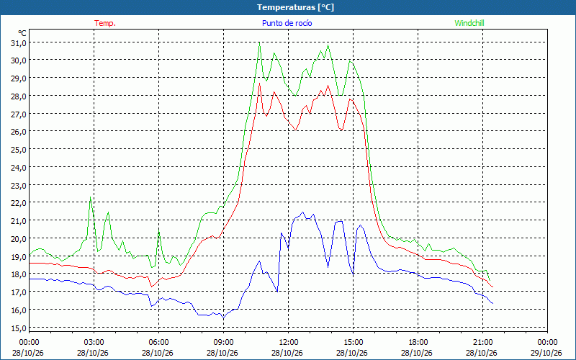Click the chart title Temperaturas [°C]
click(295, 7)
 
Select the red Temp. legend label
click(105, 23)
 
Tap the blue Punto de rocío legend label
click(287, 23)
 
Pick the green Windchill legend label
click(469, 23)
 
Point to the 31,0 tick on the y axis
click(19, 43)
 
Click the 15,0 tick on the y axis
click(19, 328)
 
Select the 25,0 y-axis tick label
click(19, 150)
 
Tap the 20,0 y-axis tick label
click(19, 239)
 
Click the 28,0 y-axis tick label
click(19, 96)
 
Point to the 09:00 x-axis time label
click(223, 343)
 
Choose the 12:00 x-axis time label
click(289, 343)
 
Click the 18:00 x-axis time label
click(418, 343)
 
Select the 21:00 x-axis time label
click(482, 343)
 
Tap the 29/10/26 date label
click(547, 353)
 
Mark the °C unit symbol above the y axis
click(22, 33)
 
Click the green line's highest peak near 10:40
click(259, 42)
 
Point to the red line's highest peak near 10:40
click(259, 84)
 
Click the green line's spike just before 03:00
click(91, 197)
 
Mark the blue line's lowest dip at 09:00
click(223, 318)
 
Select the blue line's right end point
click(492, 303)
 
